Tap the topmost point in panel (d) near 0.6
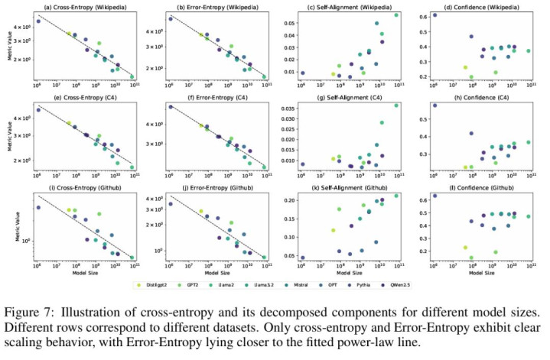click(435, 15)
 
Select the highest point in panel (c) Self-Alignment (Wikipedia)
click(396, 15)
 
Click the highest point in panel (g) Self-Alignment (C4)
click(396, 105)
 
